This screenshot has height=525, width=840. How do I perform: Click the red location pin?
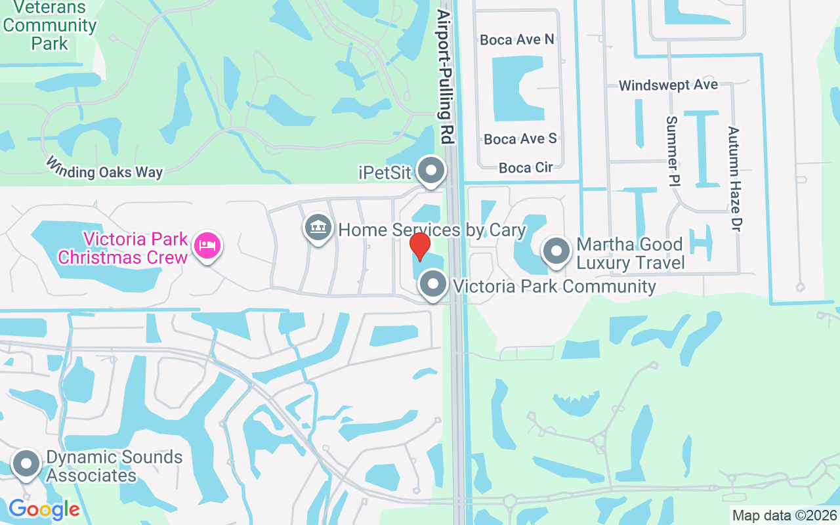(420, 246)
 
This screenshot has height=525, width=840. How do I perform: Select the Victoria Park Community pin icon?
(432, 285)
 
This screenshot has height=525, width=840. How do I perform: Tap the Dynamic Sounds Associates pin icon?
(27, 464)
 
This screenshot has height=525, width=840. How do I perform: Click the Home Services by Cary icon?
(318, 228)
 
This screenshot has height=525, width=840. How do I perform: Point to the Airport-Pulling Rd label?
(446, 77)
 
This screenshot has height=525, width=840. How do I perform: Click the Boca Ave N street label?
(517, 39)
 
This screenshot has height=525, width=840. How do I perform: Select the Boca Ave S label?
(520, 138)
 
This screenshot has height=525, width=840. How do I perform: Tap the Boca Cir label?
(525, 167)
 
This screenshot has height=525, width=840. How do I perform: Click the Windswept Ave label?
(668, 85)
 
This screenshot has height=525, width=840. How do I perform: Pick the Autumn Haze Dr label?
(733, 178)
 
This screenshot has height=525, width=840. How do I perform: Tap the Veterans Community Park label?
(50, 26)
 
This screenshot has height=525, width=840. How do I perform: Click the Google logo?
(44, 509)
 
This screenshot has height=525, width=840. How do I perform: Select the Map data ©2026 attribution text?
(784, 515)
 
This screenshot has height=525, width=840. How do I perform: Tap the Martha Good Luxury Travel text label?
(630, 253)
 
